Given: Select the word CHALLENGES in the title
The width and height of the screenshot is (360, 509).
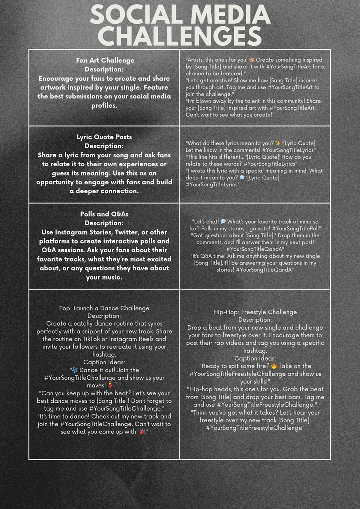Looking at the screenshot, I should (x=180, y=36).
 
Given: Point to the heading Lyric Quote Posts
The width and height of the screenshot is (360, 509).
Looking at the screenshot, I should (x=104, y=137).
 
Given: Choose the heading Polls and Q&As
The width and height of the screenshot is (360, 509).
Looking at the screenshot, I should (x=104, y=214).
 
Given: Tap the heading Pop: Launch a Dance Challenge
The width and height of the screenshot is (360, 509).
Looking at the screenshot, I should (x=104, y=308).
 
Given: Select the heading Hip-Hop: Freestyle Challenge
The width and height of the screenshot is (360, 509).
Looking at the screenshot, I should (x=255, y=312).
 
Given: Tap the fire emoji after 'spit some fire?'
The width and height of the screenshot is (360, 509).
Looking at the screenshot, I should (x=274, y=366).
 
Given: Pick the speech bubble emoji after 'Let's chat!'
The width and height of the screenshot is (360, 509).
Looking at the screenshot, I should (x=223, y=221).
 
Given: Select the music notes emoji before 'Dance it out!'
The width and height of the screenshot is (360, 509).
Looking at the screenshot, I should (x=75, y=370).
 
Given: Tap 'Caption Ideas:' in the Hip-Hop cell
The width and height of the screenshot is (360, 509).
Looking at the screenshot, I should (x=255, y=358).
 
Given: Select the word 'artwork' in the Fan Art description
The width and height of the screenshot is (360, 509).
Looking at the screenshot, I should (x=52, y=87).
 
